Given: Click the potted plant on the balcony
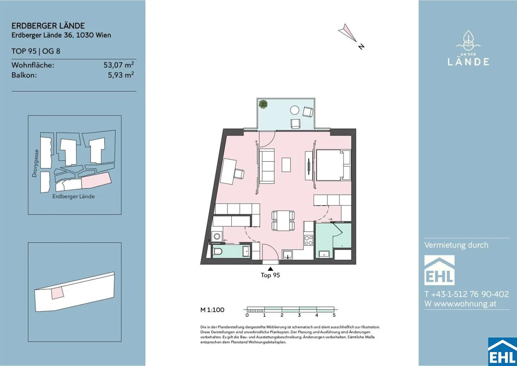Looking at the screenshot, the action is tap(263, 104).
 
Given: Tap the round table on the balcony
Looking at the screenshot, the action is tap(295, 110).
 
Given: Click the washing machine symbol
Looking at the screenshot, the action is tap(217, 237).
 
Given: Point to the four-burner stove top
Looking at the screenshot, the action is tap(308, 240).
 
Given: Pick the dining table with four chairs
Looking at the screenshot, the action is tap(283, 221).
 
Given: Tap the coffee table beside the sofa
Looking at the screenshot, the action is tap(286, 165).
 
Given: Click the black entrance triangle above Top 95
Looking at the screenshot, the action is tap(271, 269).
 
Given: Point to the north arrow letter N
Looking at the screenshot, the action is tap(361, 47).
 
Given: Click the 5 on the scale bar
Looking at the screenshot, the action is tap(334, 315).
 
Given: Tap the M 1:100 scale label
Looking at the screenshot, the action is tap(212, 310).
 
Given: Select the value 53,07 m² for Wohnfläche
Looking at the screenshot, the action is tap(118, 65).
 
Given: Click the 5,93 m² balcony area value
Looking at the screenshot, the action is tap(121, 75).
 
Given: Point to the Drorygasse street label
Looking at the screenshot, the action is tap(34, 163).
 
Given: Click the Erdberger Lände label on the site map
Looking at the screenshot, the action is tap(73, 197).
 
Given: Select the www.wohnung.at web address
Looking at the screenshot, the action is tap(465, 303).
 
